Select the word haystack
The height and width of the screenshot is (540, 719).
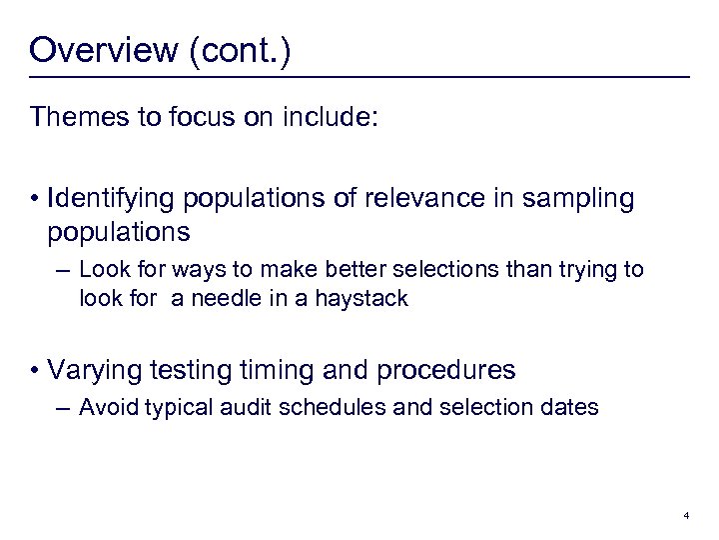click(x=360, y=298)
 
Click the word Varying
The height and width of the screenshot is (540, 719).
click(x=102, y=371)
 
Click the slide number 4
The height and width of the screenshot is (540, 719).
click(x=687, y=516)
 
